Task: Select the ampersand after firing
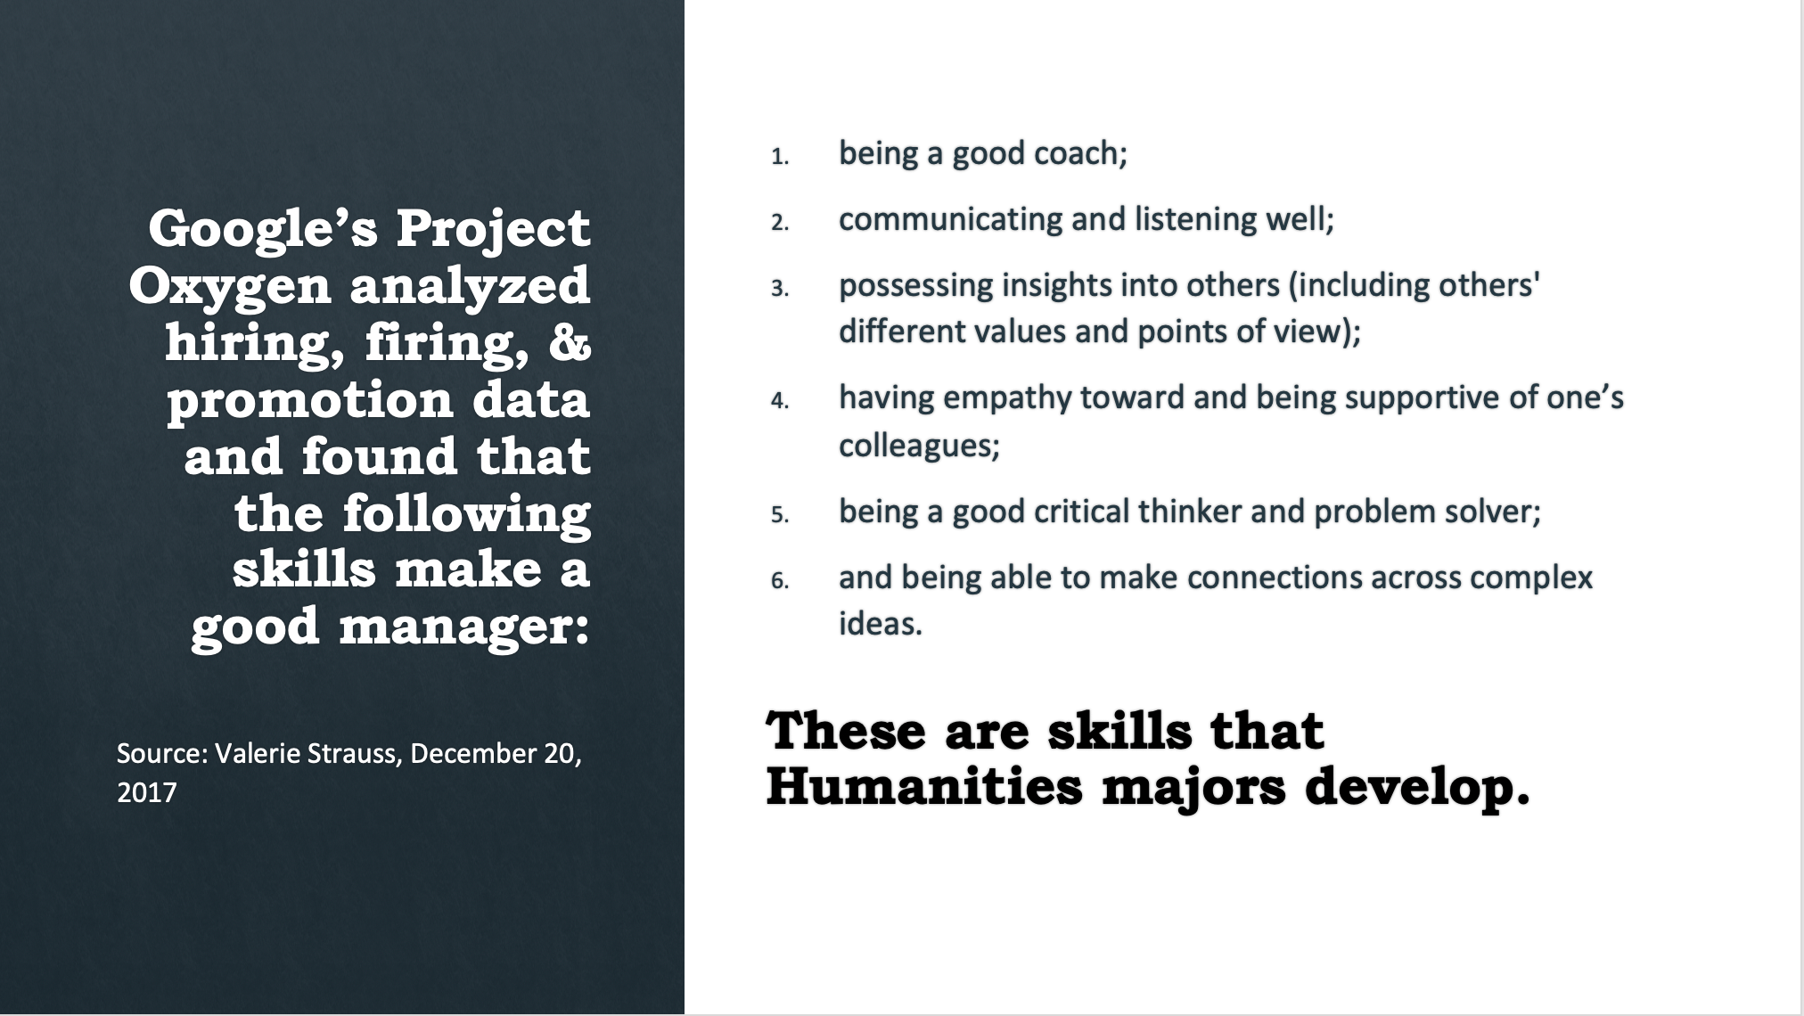click(x=570, y=342)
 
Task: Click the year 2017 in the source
click(x=147, y=792)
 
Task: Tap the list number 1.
click(x=780, y=157)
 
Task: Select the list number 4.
click(x=780, y=401)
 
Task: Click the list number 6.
click(x=780, y=581)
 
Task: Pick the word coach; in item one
click(x=1081, y=153)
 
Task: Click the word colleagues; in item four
click(x=920, y=445)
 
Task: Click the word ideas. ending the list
click(x=881, y=623)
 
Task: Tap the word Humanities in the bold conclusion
click(x=924, y=786)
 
